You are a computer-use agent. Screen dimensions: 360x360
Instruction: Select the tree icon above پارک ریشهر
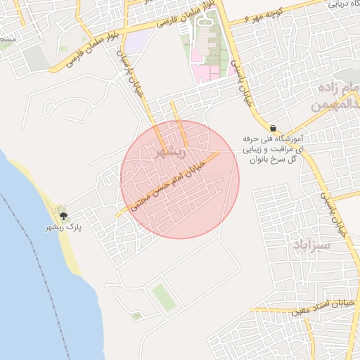pyautogui.click(x=64, y=217)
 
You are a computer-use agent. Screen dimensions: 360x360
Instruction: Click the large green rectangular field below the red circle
pyautogui.click(x=163, y=296)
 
